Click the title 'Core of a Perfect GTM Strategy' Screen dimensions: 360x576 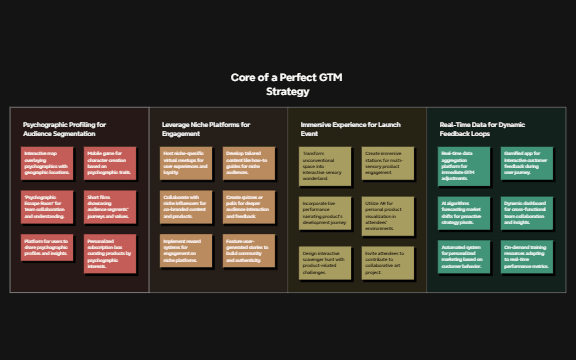pos(288,84)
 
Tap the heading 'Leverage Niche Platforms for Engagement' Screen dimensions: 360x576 pos(205,129)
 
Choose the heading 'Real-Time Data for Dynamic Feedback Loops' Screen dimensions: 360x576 pos(483,129)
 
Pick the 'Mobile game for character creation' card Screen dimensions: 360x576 pos(109,163)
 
